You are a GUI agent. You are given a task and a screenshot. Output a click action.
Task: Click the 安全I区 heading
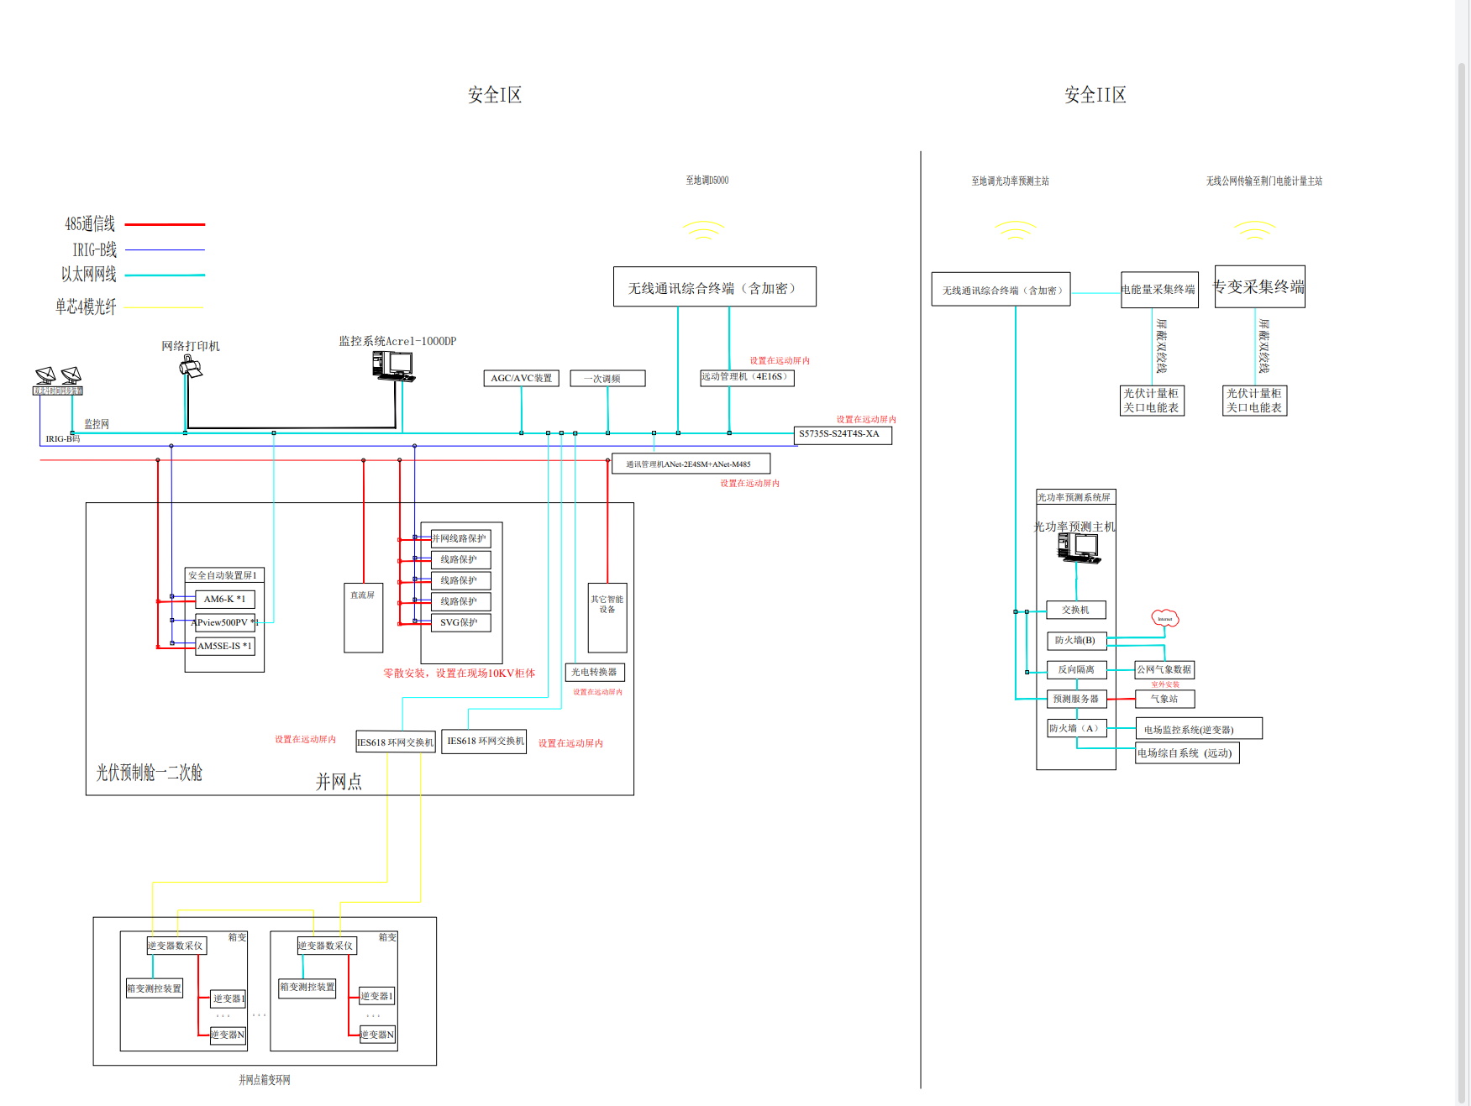point(495,95)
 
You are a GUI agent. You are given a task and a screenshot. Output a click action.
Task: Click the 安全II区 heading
point(1095,95)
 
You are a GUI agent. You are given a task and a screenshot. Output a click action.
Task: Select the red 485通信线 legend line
point(165,224)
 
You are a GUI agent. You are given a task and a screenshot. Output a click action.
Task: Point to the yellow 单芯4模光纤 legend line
point(165,307)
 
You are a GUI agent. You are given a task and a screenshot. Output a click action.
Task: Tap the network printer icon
point(192,367)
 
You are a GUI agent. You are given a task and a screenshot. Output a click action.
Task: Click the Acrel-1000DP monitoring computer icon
point(393,366)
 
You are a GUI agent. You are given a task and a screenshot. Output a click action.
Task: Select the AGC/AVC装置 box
point(521,378)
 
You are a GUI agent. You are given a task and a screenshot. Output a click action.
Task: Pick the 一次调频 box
point(607,378)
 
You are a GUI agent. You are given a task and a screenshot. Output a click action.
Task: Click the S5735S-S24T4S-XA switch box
point(843,435)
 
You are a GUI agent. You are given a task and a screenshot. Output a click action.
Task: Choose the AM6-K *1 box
point(224,599)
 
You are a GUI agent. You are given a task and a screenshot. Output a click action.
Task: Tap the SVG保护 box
point(460,622)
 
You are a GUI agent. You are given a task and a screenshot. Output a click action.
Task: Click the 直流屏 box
point(363,618)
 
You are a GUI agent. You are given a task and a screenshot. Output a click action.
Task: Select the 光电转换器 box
point(594,672)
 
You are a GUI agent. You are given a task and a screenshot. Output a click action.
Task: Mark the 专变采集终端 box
point(1259,287)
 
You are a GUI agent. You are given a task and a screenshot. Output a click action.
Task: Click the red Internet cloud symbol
point(1164,618)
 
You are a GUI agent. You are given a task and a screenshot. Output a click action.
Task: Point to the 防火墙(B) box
point(1076,640)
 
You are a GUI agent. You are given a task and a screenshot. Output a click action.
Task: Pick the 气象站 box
point(1164,699)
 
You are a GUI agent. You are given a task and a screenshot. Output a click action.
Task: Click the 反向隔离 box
point(1076,669)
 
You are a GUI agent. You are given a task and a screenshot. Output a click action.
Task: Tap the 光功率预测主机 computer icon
point(1078,548)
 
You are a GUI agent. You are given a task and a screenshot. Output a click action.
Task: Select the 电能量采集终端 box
point(1158,290)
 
